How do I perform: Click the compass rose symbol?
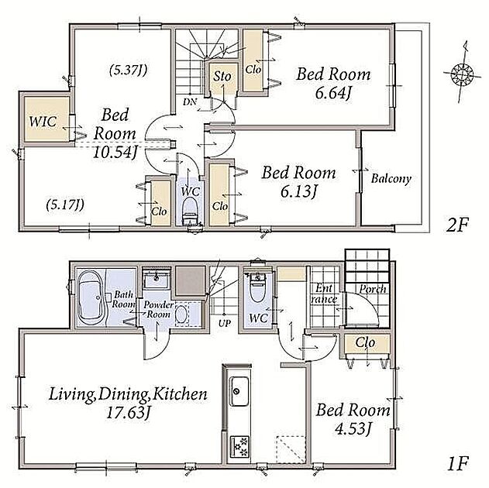pos(459,74)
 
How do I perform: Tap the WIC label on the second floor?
pos(43,121)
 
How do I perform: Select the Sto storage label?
pos(222,76)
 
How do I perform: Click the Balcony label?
pos(391,179)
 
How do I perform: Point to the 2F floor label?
pos(457,225)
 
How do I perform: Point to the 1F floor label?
pos(458,464)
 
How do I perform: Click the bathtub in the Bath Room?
pos(91,297)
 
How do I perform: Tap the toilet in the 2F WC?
pos(190,211)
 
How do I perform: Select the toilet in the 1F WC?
pos(257,287)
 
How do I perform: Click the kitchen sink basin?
pos(239,391)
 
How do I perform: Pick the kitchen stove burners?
pos(239,446)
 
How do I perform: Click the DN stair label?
pos(190,101)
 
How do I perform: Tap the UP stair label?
pos(225,323)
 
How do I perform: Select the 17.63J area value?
pos(129,413)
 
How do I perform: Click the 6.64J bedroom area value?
pos(333,92)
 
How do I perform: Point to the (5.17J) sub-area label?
pos(65,204)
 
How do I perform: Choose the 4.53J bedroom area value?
pos(353,429)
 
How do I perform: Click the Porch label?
pos(373,289)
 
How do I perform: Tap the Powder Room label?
pos(158,309)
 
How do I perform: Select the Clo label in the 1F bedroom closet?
pos(365,342)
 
